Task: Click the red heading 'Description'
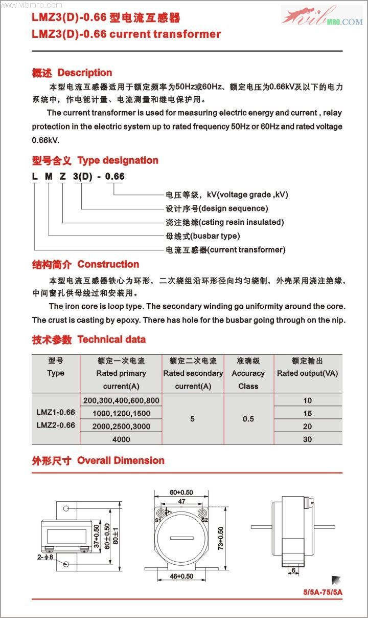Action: point(84,73)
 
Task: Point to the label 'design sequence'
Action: point(233,208)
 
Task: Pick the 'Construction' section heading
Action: point(108,264)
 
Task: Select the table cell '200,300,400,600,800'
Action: point(121,400)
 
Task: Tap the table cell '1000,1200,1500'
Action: point(121,413)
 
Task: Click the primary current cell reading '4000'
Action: point(121,439)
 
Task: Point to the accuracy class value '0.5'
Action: point(248,419)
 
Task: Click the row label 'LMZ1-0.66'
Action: point(56,412)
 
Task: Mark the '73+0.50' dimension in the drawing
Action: point(221,538)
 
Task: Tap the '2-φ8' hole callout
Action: point(45,556)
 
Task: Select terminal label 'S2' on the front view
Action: point(204,520)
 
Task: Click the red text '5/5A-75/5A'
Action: point(323,592)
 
